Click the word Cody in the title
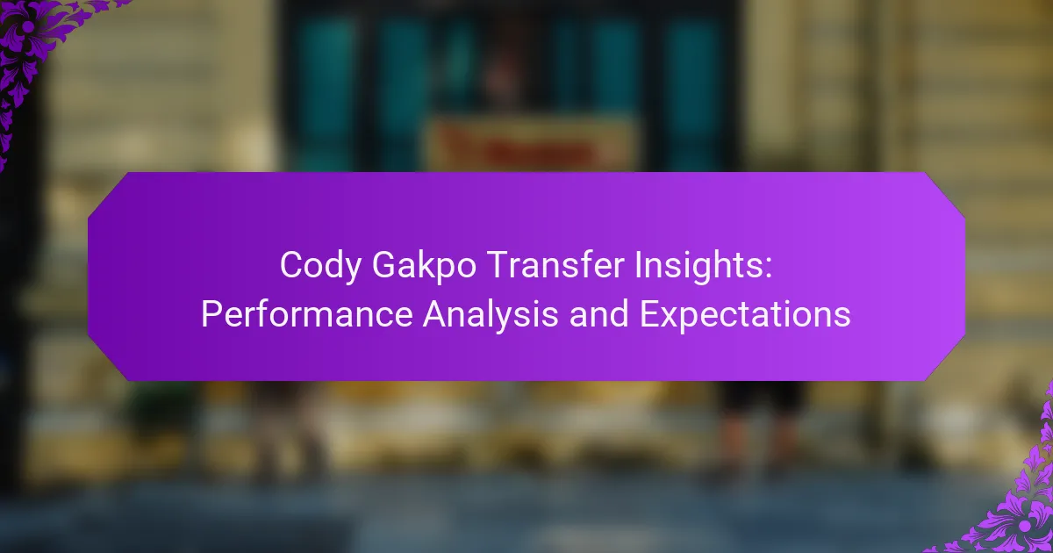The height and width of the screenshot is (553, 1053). pyautogui.click(x=320, y=266)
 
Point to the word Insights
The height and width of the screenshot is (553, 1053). pyautogui.click(x=698, y=266)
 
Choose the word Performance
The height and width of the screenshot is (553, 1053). pyautogui.click(x=307, y=313)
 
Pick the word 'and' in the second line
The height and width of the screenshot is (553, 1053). pyautogui.click(x=598, y=313)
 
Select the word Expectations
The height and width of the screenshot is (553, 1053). pyautogui.click(x=745, y=315)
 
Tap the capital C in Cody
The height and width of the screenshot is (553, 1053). pyautogui.click(x=291, y=264)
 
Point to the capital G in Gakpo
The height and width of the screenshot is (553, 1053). pyautogui.click(x=383, y=264)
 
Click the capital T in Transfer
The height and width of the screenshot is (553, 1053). pyautogui.click(x=498, y=264)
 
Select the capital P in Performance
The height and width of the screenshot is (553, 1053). pyautogui.click(x=212, y=313)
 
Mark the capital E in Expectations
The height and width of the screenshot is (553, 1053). pyautogui.click(x=650, y=313)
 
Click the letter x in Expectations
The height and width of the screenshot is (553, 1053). pyautogui.click(x=672, y=318)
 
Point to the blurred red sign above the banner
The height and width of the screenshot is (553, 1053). pyautogui.click(x=530, y=143)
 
